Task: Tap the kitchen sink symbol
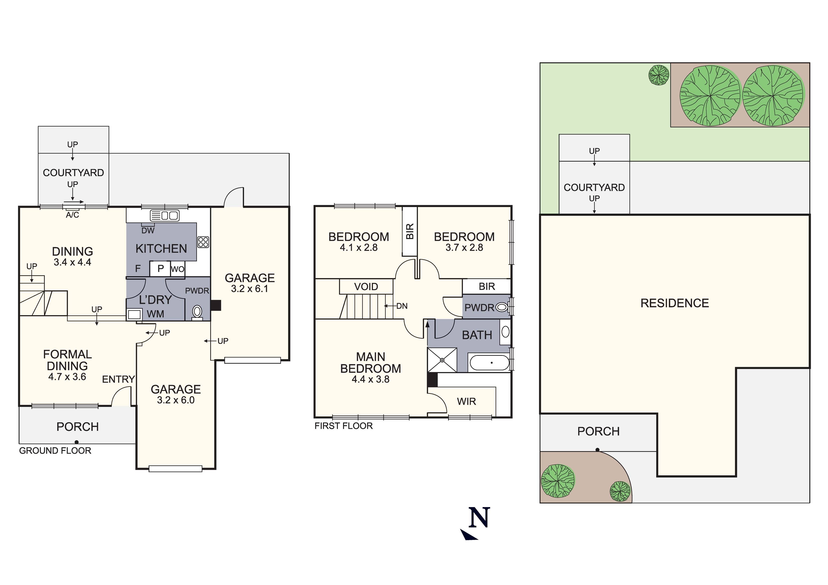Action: pyautogui.click(x=165, y=216)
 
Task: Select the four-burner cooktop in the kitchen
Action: pyautogui.click(x=203, y=242)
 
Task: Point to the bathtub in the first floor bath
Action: pyautogui.click(x=489, y=362)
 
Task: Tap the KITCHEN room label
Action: pyautogui.click(x=161, y=249)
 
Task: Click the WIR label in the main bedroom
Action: pyautogui.click(x=466, y=401)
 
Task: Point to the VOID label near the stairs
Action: pyautogui.click(x=366, y=287)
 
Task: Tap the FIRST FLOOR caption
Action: pyautogui.click(x=343, y=426)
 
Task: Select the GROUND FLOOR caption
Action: pyautogui.click(x=55, y=450)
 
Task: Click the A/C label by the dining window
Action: pyautogui.click(x=72, y=215)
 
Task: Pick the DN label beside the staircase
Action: pyautogui.click(x=402, y=306)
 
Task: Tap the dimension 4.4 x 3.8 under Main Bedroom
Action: pyautogui.click(x=370, y=379)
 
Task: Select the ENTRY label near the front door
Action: pyautogui.click(x=118, y=379)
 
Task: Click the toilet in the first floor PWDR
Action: pyautogui.click(x=502, y=307)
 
